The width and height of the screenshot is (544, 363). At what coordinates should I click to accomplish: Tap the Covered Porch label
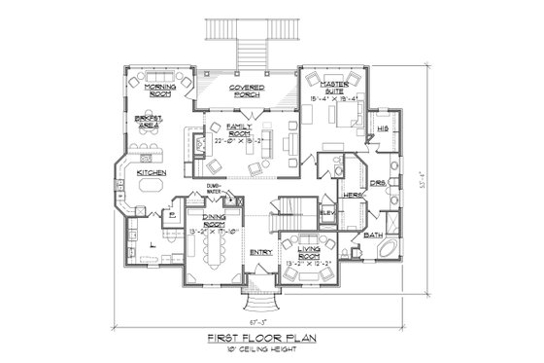click(x=249, y=92)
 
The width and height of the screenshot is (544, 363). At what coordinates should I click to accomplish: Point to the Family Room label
click(x=241, y=130)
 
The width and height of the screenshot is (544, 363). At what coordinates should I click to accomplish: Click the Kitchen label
click(x=151, y=173)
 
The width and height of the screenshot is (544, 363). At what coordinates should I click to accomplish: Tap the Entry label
click(x=260, y=253)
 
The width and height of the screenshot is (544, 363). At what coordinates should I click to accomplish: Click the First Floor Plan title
click(x=264, y=338)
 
